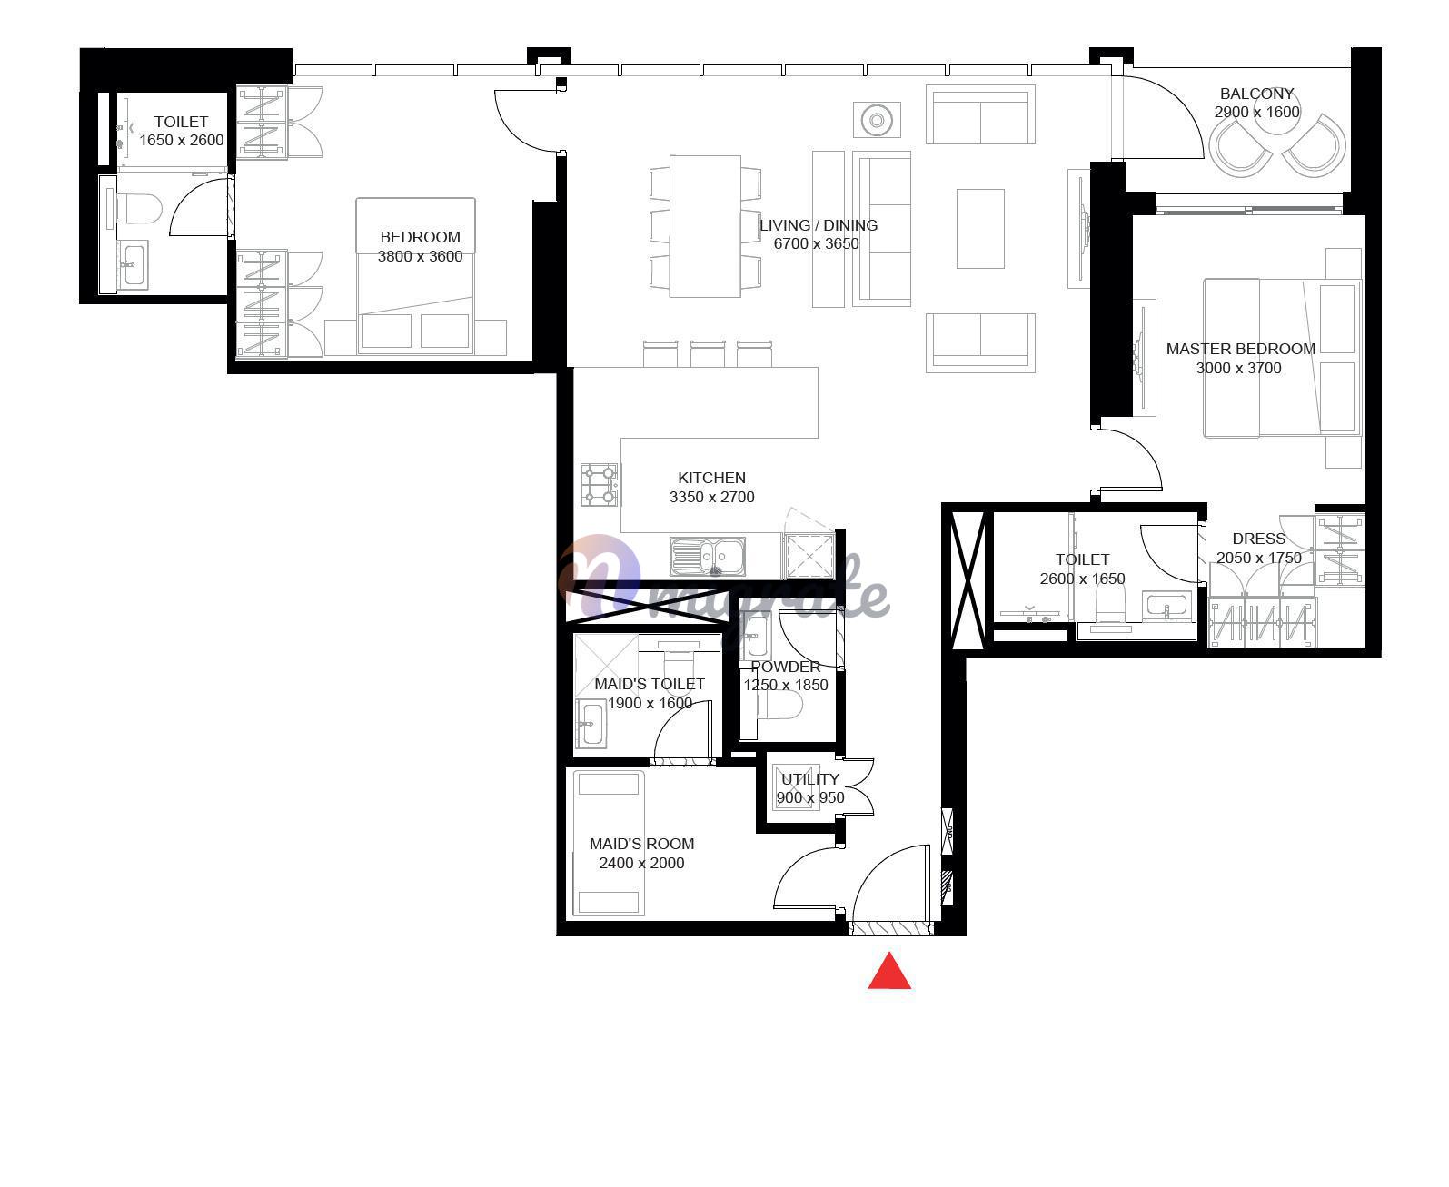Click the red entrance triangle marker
click(x=888, y=972)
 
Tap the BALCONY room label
click(x=1255, y=94)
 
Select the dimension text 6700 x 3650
click(x=816, y=244)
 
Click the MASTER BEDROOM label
click(x=1240, y=349)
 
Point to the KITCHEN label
click(x=711, y=478)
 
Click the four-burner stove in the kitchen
click(x=599, y=484)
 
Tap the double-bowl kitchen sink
click(x=708, y=557)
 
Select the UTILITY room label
click(x=809, y=779)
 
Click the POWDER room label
click(x=785, y=667)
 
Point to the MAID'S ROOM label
click(x=641, y=845)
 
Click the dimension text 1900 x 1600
click(x=650, y=704)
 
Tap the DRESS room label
click(x=1258, y=539)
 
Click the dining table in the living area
click(x=705, y=227)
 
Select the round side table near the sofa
click(x=877, y=121)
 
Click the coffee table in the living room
click(x=979, y=229)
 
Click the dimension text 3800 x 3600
click(x=420, y=257)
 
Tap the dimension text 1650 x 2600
click(x=182, y=141)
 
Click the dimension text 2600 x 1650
click(x=1082, y=579)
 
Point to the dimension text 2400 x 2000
click(x=641, y=864)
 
